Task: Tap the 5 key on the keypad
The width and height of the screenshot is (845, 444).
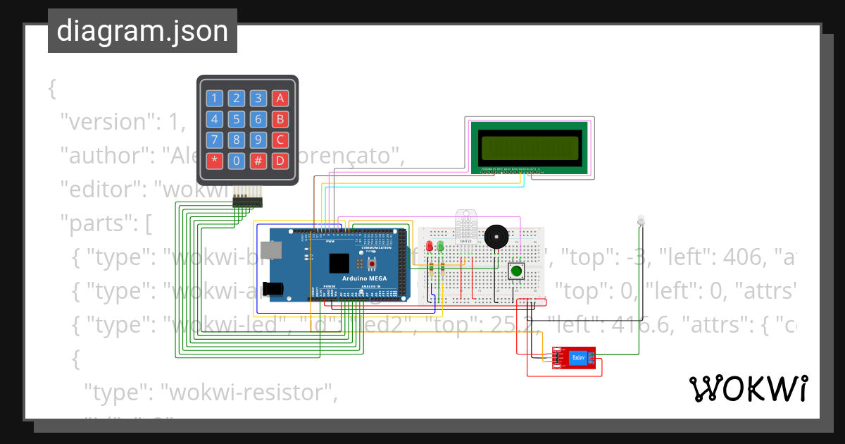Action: (237, 119)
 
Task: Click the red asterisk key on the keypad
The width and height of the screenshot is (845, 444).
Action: (215, 161)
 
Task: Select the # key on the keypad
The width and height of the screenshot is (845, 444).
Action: (258, 161)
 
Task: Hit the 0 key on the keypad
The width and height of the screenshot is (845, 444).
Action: (237, 161)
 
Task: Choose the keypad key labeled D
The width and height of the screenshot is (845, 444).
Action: (280, 161)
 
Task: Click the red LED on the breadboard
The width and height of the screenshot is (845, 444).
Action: (430, 246)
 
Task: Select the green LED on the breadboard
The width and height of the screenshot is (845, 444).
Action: (440, 246)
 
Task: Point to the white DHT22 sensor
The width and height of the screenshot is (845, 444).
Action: (465, 227)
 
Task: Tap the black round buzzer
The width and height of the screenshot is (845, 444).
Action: (495, 237)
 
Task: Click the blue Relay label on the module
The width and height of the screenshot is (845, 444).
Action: (578, 358)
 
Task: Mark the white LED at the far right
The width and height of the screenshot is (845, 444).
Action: (640, 220)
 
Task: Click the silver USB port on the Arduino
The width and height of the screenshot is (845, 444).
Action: (269, 249)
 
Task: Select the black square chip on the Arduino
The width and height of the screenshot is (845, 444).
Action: (339, 263)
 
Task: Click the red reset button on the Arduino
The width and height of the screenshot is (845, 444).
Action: (371, 264)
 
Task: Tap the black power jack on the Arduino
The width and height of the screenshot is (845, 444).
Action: (271, 288)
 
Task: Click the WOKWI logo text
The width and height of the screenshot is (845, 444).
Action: (748, 388)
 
